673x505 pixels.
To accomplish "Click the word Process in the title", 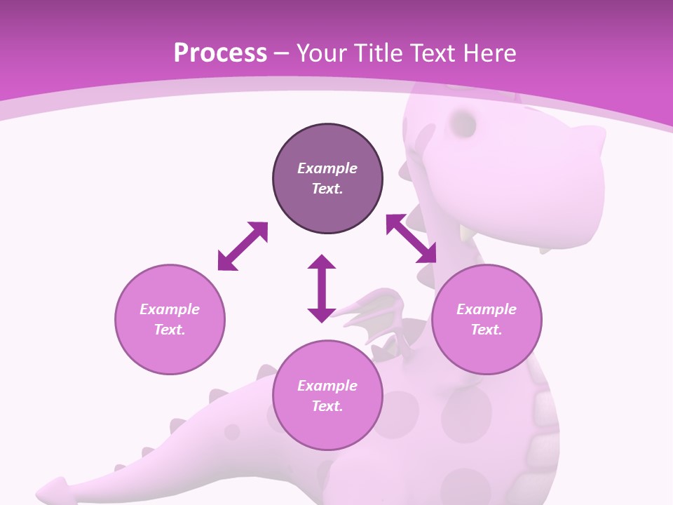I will click(x=220, y=53).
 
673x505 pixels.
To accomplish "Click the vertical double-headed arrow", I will click(x=322, y=288).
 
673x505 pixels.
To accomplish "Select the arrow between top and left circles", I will click(x=243, y=246).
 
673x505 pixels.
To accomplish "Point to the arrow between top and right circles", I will click(x=412, y=238).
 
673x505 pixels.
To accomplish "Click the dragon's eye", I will click(x=463, y=123).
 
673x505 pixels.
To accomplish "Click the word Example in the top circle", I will click(x=327, y=168).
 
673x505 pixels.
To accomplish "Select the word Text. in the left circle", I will click(x=170, y=330).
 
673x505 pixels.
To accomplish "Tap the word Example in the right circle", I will click(x=487, y=309).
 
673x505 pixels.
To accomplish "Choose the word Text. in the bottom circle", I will click(x=327, y=406).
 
